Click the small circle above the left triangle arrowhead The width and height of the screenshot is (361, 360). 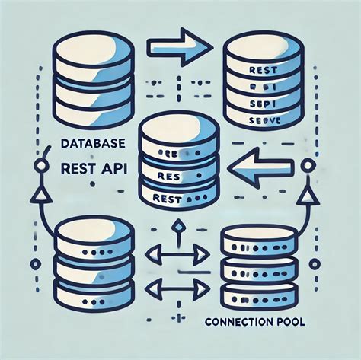tap(34, 164)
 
